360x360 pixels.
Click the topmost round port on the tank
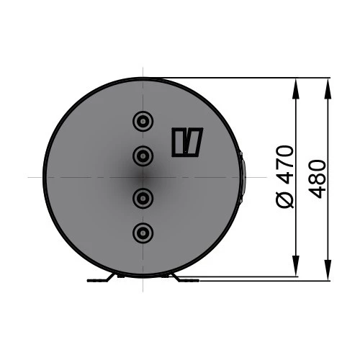click(x=143, y=120)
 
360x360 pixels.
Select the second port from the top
click(x=143, y=155)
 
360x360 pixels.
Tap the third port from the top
click(x=143, y=197)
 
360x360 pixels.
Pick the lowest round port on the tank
click(x=143, y=232)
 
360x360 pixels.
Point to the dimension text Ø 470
click(x=286, y=176)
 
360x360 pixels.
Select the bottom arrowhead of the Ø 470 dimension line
click(x=296, y=269)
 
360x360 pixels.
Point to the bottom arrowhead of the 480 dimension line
click(x=328, y=274)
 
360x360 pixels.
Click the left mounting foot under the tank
click(x=102, y=279)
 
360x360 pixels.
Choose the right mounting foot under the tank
click(x=184, y=279)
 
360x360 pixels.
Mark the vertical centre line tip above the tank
click(x=143, y=70)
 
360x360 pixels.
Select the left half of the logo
click(x=179, y=142)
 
